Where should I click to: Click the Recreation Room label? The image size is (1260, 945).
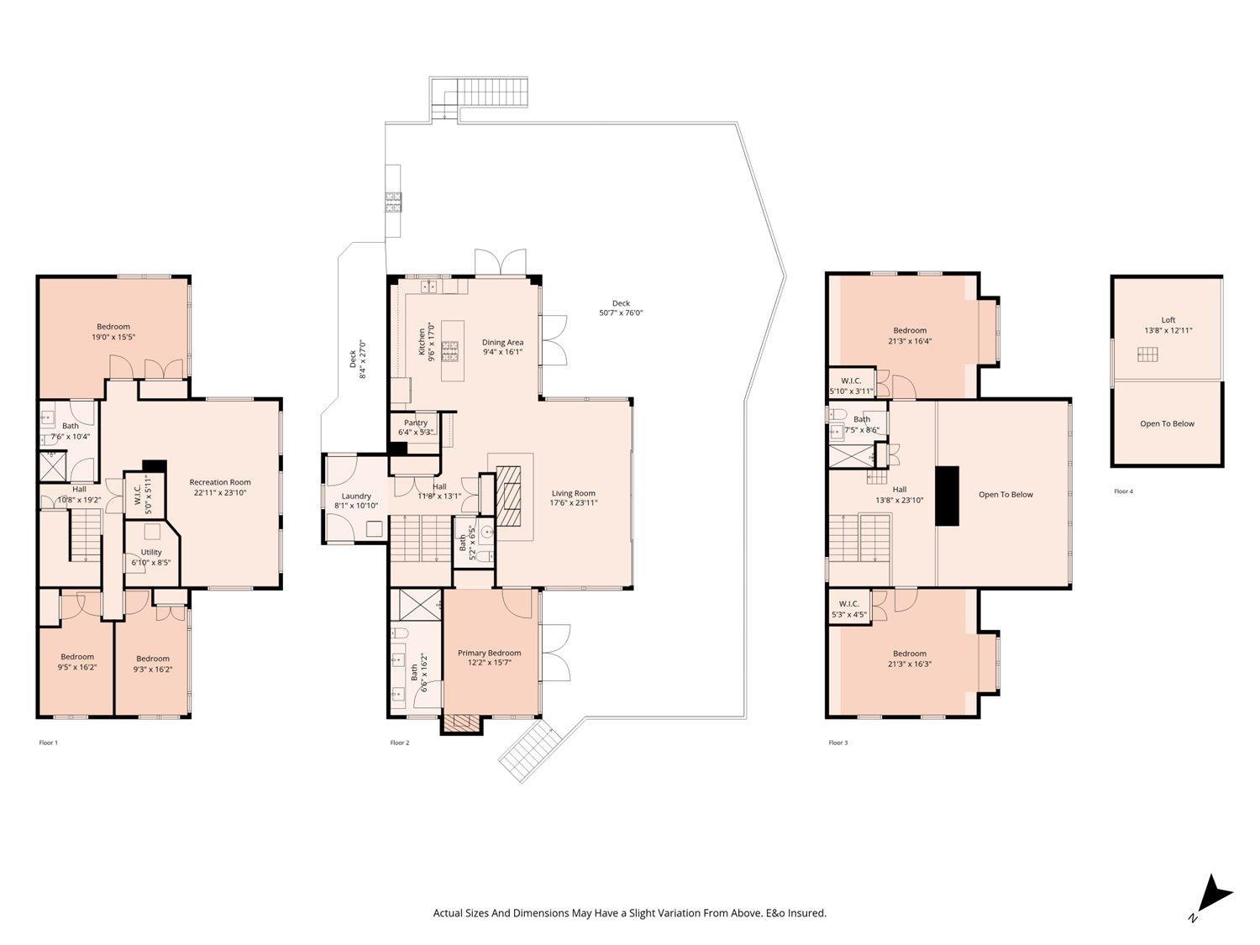click(x=220, y=482)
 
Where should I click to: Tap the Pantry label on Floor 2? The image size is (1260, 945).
click(x=416, y=423)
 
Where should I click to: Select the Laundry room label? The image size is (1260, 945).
click(x=356, y=496)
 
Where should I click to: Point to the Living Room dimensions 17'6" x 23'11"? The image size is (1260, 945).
click(x=574, y=503)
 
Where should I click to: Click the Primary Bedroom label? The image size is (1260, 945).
click(x=489, y=653)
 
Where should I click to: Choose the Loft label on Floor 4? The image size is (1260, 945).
click(x=1168, y=320)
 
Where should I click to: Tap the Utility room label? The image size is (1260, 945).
click(x=151, y=552)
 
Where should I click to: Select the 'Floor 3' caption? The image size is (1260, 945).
click(x=838, y=743)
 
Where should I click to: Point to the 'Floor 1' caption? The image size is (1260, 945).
click(x=48, y=743)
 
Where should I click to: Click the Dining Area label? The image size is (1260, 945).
click(x=502, y=343)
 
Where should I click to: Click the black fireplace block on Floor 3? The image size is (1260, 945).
click(x=948, y=496)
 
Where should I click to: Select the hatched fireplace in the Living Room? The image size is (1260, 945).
click(x=508, y=496)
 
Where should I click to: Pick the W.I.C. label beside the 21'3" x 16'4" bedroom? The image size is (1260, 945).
click(x=851, y=381)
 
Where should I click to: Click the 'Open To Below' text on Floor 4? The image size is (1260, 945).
click(x=1167, y=423)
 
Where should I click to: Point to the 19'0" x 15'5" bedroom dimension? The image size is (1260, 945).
click(x=113, y=337)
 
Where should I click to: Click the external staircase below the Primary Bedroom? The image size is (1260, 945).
click(x=529, y=751)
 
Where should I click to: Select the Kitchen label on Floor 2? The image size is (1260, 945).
click(x=422, y=342)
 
